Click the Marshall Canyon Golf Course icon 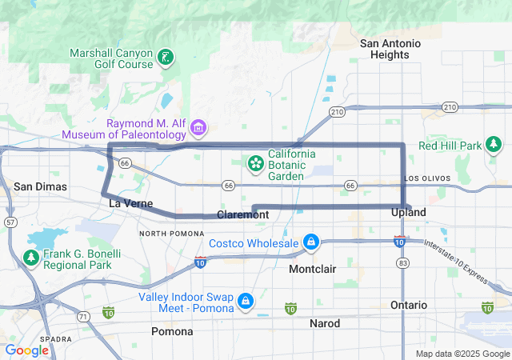(x=165, y=57)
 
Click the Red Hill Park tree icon (x=494, y=145)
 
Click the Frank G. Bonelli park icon (x=31, y=258)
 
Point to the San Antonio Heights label (x=390, y=49)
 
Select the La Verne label (x=130, y=204)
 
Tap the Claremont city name (x=242, y=215)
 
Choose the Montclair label (x=313, y=269)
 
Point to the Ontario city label (x=409, y=305)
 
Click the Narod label (x=325, y=323)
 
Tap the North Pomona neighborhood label (x=168, y=233)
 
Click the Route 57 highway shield (x=9, y=221)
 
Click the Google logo (x=27, y=350)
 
